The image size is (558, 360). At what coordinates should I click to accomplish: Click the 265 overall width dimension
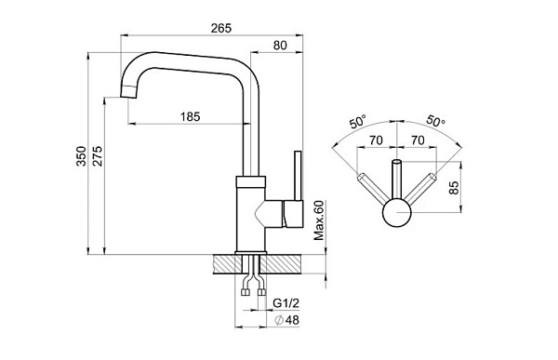pyautogui.click(x=221, y=28)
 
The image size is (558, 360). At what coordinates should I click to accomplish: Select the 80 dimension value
pyautogui.click(x=280, y=46)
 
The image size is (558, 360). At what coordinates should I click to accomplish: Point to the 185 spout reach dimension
pyautogui.click(x=191, y=116)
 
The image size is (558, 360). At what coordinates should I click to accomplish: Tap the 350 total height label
pyautogui.click(x=82, y=155)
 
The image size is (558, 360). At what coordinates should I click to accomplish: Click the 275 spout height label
pyautogui.click(x=98, y=155)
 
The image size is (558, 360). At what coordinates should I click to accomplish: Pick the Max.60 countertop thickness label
pyautogui.click(x=319, y=220)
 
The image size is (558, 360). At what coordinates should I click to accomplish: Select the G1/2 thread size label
pyautogui.click(x=286, y=303)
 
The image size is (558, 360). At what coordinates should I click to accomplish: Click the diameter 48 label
pyautogui.click(x=287, y=320)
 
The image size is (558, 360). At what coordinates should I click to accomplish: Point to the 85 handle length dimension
pyautogui.click(x=454, y=188)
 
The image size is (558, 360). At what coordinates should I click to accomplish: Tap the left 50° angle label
pyautogui.click(x=358, y=122)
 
